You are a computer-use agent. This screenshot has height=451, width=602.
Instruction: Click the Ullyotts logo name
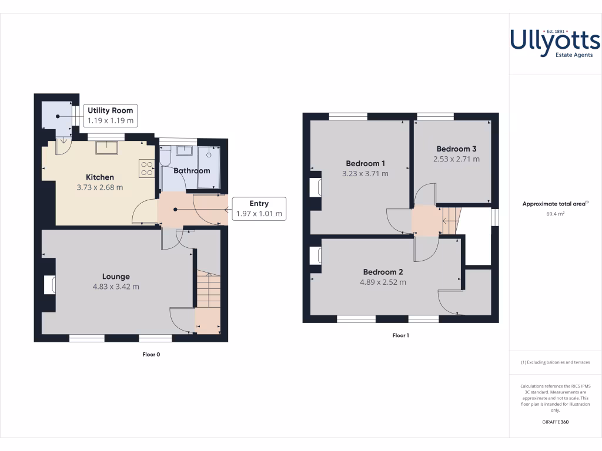pos(555,41)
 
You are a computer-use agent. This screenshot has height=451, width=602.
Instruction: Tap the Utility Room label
pos(111,110)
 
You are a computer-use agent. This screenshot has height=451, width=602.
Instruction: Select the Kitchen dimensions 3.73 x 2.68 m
pos(100,188)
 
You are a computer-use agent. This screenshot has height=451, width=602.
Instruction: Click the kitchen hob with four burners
pos(146,169)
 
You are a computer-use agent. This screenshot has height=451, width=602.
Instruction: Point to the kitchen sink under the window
pos(106,147)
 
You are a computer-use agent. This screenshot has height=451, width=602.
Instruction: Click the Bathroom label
pos(192,171)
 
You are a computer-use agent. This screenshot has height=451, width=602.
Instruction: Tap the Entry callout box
pos(259,208)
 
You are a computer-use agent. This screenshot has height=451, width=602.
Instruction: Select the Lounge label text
pos(116,277)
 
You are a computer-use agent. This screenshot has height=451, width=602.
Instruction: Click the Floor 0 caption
pos(151,354)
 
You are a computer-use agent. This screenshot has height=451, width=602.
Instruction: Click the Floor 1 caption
pos(400,335)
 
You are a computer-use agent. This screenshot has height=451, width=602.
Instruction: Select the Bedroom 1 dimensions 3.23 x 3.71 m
pos(365,174)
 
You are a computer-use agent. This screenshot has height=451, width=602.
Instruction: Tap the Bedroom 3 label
pos(456,149)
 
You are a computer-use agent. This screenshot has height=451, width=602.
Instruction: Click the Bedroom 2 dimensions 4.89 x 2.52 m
pos(383,282)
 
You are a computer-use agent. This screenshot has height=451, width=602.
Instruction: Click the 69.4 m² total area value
pos(555,214)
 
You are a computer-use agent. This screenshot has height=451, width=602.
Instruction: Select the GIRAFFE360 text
pos(555,422)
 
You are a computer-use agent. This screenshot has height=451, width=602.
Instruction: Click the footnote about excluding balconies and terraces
pos(555,362)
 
